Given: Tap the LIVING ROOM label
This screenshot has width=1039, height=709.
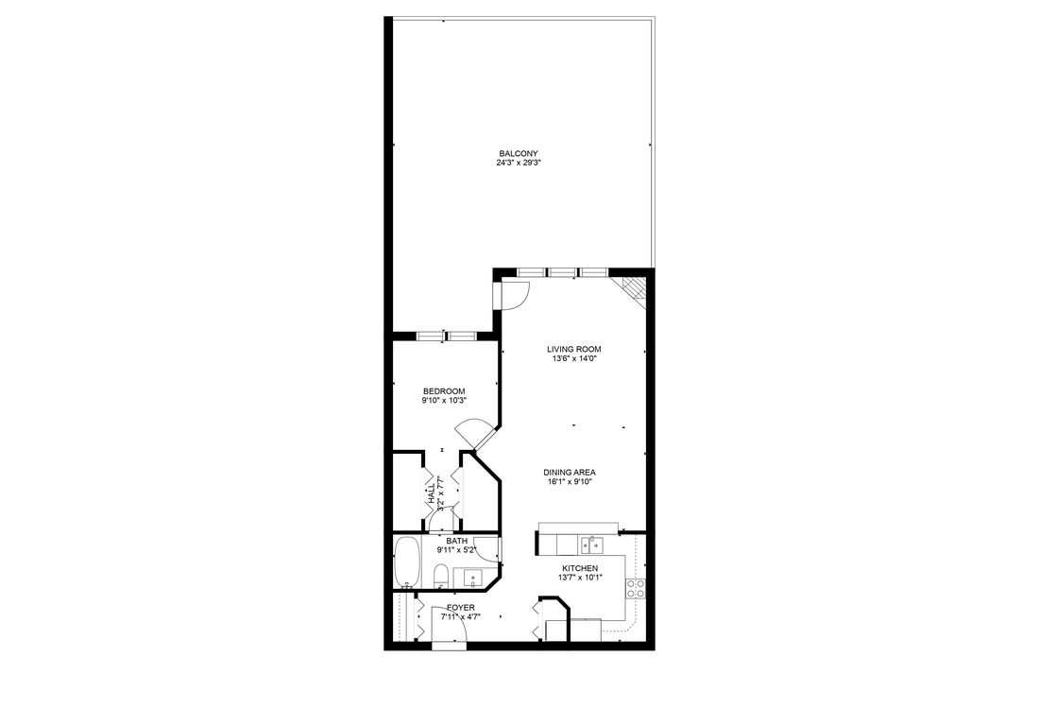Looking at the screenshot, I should [573, 349].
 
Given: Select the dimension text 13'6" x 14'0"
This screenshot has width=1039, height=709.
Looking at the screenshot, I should [573, 358].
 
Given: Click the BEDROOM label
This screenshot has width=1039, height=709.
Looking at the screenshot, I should [444, 391].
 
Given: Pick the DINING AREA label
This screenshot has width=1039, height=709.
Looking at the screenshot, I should [569, 472].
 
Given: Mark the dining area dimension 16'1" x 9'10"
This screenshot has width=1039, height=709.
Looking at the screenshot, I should [569, 481].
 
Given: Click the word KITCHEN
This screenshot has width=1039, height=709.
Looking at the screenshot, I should [580, 568].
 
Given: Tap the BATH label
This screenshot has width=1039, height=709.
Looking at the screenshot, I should [456, 541].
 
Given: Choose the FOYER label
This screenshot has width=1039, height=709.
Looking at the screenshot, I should [461, 607].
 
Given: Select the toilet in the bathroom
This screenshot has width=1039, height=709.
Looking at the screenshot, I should [440, 576].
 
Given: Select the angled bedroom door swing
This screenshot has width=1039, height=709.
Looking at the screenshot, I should [474, 435].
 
